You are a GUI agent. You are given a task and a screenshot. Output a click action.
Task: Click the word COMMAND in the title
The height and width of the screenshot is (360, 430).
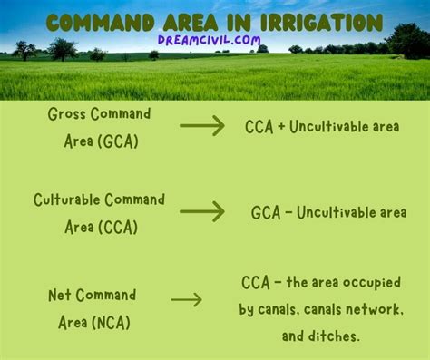point(100,23)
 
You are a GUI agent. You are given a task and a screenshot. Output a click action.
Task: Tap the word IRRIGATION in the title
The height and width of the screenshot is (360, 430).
point(321,23)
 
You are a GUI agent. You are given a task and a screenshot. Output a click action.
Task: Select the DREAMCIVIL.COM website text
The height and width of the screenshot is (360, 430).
point(209,40)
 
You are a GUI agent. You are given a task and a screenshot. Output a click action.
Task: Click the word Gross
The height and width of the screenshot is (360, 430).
point(66,114)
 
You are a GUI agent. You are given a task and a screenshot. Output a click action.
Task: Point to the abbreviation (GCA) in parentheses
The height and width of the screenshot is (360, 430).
point(118,141)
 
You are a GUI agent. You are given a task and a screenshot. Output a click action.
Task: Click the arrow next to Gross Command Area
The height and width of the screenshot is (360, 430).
point(202,125)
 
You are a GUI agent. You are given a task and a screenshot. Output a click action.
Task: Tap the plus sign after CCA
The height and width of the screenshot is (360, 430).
point(281,126)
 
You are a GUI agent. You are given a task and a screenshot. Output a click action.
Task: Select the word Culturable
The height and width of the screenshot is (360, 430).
point(67,199)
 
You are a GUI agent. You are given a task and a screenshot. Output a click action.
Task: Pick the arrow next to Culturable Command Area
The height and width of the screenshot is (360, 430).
point(202,211)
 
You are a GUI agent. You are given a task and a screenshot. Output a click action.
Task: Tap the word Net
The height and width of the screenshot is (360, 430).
point(60,295)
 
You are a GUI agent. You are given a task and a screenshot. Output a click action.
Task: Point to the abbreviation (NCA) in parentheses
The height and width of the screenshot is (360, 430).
point(111,322)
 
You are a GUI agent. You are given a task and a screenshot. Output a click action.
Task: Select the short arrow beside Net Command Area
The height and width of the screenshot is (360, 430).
point(187,300)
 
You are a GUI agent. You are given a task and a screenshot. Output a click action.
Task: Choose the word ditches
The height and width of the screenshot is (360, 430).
point(334,336)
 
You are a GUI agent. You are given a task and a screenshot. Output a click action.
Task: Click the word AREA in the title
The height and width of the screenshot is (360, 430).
point(191,23)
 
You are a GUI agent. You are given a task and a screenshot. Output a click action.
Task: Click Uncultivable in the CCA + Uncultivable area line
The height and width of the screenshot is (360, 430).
point(328,126)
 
